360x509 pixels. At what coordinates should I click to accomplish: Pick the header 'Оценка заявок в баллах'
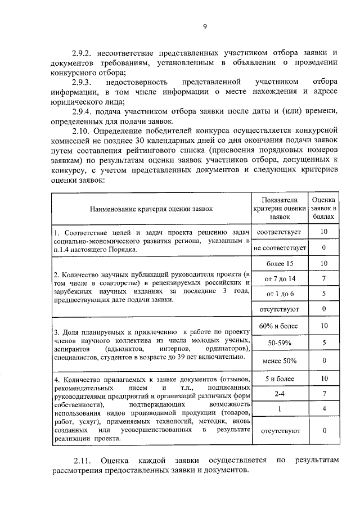pos(324,209)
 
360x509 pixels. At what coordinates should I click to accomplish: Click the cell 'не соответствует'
pos(280,247)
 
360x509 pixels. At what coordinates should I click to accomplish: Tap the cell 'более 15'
pos(280,263)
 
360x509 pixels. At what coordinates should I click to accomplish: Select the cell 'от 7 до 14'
pos(280,278)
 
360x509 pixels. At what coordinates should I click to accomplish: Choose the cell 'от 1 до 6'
pos(280,294)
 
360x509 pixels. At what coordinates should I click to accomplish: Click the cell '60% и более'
pos(280,326)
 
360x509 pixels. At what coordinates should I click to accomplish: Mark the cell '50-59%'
pos(280,342)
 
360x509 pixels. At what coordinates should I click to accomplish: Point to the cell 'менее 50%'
pos(280,361)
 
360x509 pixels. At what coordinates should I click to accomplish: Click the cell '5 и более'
pos(280,379)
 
